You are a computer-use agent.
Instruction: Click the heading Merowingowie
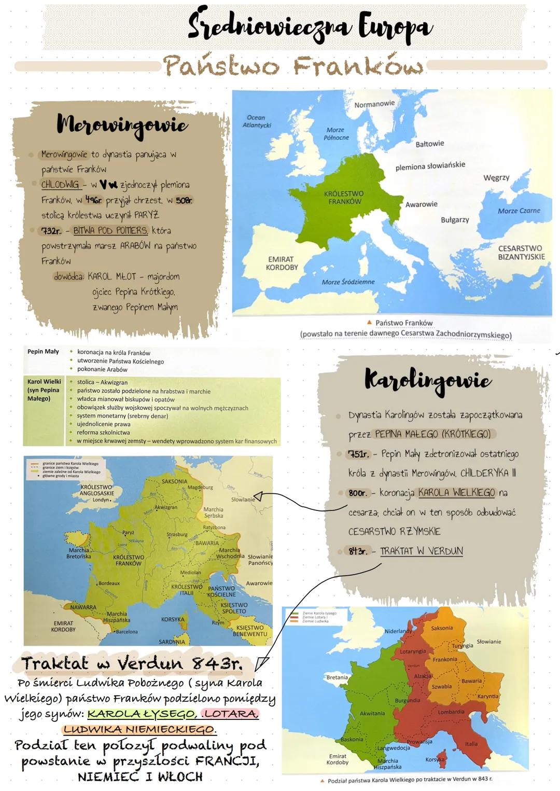122,125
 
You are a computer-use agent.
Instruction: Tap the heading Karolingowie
427,380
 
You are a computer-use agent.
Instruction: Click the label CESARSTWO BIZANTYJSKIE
521,253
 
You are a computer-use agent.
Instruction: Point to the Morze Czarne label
519,211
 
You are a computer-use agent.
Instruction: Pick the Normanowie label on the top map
374,104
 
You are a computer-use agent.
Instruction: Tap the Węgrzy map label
496,177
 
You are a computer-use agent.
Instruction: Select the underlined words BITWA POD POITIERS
110,230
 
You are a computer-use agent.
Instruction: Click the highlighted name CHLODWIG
61,185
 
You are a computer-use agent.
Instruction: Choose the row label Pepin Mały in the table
43,352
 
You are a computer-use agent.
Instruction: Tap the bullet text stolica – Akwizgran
102,382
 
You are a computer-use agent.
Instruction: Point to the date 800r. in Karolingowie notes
358,493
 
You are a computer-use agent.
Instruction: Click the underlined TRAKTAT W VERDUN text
421,551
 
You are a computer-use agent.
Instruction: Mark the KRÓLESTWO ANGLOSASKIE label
96,491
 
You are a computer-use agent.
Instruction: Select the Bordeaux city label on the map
109,584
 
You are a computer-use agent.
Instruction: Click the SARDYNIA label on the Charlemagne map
172,642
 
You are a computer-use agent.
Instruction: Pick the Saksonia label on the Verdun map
442,628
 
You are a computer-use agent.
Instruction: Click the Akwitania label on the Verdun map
372,714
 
